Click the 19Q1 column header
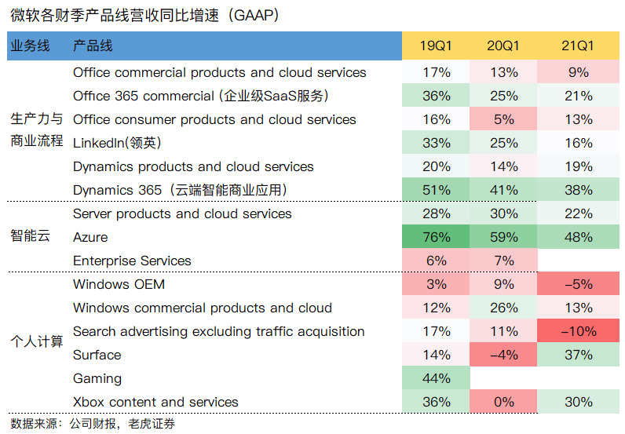(x=436, y=46)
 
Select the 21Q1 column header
(x=578, y=46)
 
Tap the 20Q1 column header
(x=503, y=46)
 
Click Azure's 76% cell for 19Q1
(x=436, y=237)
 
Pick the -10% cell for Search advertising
(x=578, y=331)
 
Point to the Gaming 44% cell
(x=436, y=378)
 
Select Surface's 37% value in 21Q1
(x=578, y=355)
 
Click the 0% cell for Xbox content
(x=503, y=402)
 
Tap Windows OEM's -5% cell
(x=578, y=284)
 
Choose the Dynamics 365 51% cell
(x=436, y=190)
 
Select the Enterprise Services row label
(x=132, y=261)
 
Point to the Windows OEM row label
(x=119, y=284)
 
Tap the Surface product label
(x=97, y=355)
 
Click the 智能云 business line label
(x=31, y=236)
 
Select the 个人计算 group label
(x=36, y=342)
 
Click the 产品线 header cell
(x=93, y=46)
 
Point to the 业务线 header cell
(x=31, y=46)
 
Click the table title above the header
(x=145, y=15)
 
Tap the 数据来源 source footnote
(x=93, y=424)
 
